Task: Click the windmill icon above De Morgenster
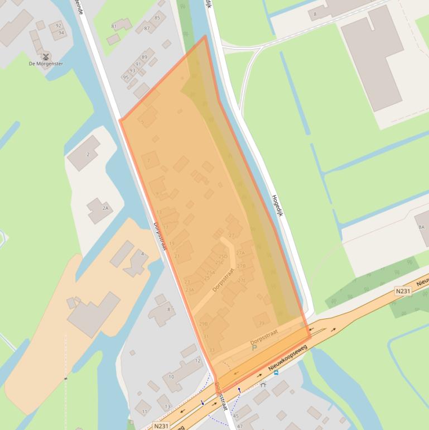tap(46, 56)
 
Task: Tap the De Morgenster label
tap(46, 64)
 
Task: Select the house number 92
tap(57, 26)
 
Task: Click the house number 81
tap(114, 26)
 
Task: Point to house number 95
tap(126, 78)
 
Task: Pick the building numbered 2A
tap(105, 208)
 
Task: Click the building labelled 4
tap(142, 254)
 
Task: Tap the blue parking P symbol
tap(254, 347)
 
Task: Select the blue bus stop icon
tap(276, 372)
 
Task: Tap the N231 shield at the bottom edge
tap(161, 426)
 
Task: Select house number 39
tap(261, 323)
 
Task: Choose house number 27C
tap(241, 280)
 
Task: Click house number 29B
tap(203, 323)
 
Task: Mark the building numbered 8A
tap(421, 227)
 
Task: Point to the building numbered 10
tap(171, 377)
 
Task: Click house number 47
tap(240, 426)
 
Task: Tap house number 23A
tap(190, 290)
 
